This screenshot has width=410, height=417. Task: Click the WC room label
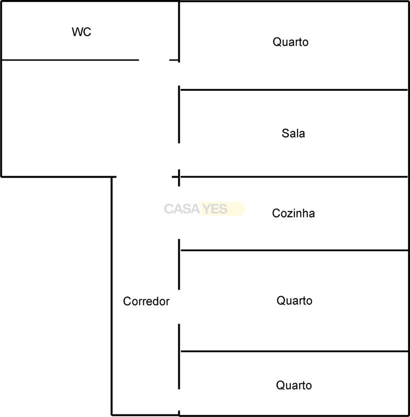click(81, 32)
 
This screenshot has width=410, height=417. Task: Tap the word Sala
click(293, 133)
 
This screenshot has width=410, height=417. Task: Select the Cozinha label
click(293, 213)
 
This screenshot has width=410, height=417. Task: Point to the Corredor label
click(146, 301)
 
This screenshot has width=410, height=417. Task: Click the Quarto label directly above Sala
click(290, 42)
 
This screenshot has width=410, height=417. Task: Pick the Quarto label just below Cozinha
click(294, 301)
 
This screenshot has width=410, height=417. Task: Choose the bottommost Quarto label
click(294, 385)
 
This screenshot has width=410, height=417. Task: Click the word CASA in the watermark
click(182, 209)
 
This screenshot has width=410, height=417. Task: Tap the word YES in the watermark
click(215, 209)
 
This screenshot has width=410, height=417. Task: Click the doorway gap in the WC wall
click(154, 60)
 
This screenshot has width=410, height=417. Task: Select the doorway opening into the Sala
click(179, 156)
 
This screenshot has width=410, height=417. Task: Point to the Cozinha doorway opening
click(179, 213)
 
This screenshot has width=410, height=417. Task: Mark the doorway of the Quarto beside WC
click(179, 74)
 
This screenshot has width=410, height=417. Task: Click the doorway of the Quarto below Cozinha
click(179, 307)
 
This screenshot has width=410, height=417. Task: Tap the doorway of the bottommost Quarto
click(179, 400)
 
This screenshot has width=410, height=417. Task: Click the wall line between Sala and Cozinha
click(294, 177)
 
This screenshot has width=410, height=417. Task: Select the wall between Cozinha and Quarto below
click(294, 250)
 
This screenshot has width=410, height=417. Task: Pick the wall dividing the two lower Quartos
click(294, 351)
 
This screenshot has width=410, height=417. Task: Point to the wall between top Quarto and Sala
click(294, 90)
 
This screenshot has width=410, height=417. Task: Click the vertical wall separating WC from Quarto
click(179, 32)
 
